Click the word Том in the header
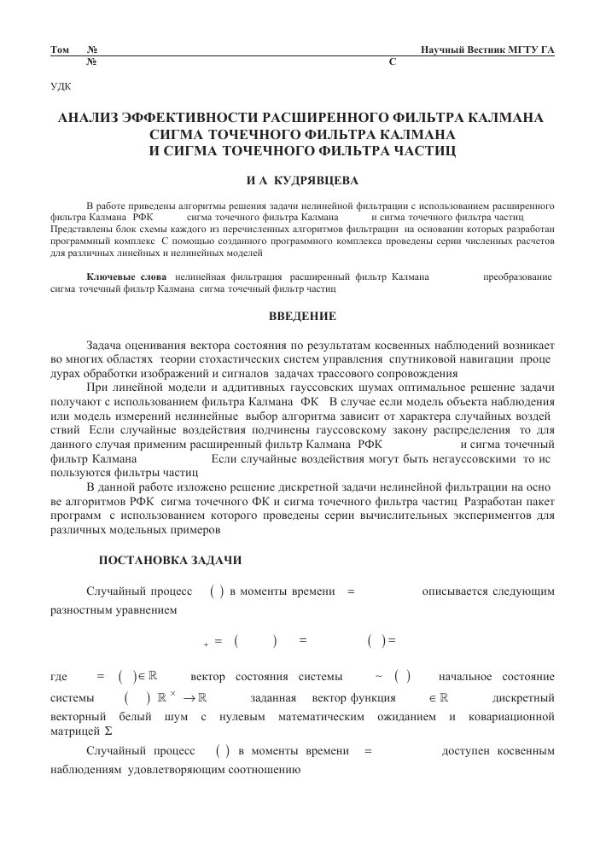[60, 51]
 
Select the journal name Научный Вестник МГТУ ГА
[487, 51]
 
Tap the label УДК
[61, 86]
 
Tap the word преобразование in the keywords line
[517, 278]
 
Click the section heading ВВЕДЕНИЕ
[302, 317]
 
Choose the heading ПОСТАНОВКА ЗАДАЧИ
[171, 561]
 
